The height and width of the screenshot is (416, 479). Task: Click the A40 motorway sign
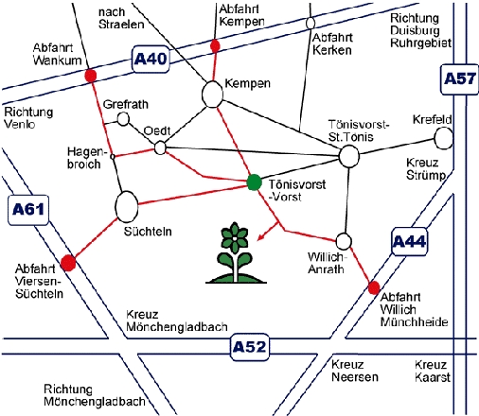click(151, 60)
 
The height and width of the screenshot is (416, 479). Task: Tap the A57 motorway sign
click(459, 79)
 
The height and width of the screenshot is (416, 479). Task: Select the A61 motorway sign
click(28, 210)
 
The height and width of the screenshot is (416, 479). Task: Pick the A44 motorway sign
click(410, 242)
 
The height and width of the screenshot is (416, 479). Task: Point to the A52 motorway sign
click(249, 347)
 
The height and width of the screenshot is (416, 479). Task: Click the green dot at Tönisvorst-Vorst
click(254, 182)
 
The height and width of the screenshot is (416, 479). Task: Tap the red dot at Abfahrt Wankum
click(91, 76)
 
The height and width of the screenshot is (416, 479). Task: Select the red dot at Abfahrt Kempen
click(215, 46)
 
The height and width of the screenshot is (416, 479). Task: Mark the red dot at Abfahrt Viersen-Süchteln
click(68, 263)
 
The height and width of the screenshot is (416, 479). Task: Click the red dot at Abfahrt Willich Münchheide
click(374, 287)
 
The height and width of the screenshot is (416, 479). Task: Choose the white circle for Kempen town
click(212, 95)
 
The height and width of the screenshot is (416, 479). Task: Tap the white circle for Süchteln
click(127, 207)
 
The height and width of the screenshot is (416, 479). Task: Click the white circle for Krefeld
click(444, 138)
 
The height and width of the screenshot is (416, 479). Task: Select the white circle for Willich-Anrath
click(344, 241)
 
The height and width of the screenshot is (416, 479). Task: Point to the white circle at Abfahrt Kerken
click(310, 23)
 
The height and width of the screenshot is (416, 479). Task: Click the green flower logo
click(236, 252)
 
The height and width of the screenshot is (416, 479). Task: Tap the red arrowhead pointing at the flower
click(260, 237)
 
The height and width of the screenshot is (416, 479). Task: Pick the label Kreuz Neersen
click(355, 371)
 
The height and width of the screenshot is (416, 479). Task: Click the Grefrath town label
click(126, 104)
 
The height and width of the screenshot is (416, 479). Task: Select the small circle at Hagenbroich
click(112, 156)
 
